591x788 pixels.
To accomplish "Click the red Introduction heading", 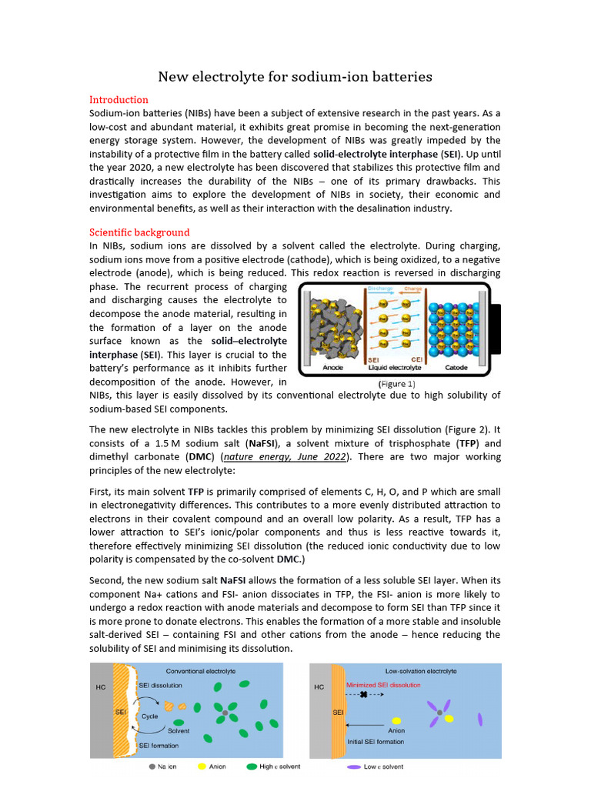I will coord(119,100).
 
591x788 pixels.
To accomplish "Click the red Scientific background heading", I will coord(139,232).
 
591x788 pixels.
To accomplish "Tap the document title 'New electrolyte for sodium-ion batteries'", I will coord(295,76).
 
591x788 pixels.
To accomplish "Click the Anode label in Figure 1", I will coord(332,368).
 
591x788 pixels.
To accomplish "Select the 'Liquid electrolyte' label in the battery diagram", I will coord(389,368).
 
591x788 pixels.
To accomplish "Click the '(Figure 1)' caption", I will coord(396,382).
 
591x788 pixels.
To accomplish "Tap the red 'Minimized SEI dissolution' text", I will coord(383,684).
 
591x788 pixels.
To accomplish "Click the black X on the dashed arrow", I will coord(363,695).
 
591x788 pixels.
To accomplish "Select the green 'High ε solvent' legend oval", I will coord(252,766).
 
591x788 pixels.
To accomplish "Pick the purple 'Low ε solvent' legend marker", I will coord(354,766).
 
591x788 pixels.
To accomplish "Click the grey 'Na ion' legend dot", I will coord(152,766).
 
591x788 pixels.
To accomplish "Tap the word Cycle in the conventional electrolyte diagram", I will coord(150,716).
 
